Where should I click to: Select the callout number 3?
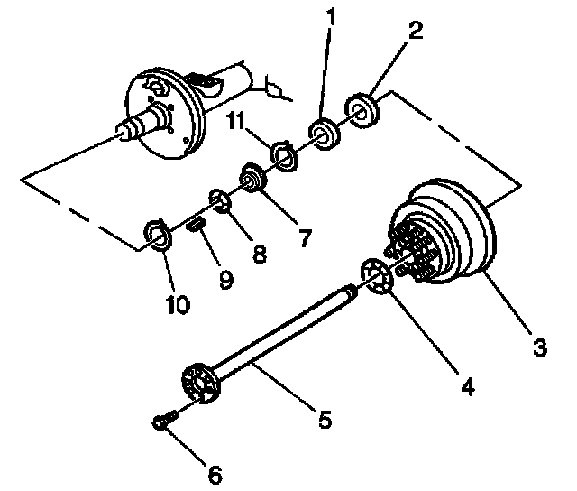(x=539, y=346)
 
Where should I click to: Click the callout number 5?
(x=324, y=419)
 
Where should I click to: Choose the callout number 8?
(x=260, y=255)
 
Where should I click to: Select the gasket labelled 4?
(x=377, y=276)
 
